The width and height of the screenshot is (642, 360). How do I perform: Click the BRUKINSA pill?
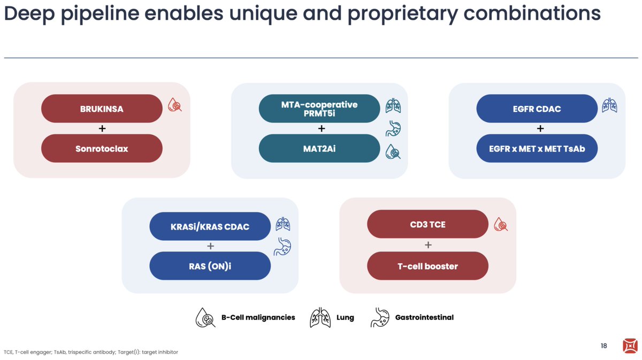102,109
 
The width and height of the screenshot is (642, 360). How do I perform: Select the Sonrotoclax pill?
102,148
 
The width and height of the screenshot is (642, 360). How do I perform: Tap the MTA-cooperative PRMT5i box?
319,109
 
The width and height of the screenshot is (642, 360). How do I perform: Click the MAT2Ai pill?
319,148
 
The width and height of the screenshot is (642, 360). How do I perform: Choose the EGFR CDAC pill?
537,109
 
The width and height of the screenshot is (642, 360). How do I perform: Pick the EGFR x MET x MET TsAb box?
537,148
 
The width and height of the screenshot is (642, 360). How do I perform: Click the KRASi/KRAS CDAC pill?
210,226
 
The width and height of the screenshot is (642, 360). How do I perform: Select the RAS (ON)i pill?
210,266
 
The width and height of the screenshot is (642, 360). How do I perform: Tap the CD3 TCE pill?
427,224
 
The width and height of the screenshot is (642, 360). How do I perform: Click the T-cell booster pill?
427,266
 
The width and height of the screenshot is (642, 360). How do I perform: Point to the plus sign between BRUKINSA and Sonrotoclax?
102,128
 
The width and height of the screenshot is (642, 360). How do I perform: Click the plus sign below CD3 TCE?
428,245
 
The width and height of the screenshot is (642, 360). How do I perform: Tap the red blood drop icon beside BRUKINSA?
175,105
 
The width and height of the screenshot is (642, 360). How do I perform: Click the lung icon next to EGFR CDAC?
609,105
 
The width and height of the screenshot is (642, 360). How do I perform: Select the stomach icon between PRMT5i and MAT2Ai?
393,129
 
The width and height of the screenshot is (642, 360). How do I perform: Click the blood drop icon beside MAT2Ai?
393,152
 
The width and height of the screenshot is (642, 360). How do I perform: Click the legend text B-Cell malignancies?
258,317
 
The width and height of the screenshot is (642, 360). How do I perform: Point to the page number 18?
603,346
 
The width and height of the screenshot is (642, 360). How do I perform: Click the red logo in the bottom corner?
630,346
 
